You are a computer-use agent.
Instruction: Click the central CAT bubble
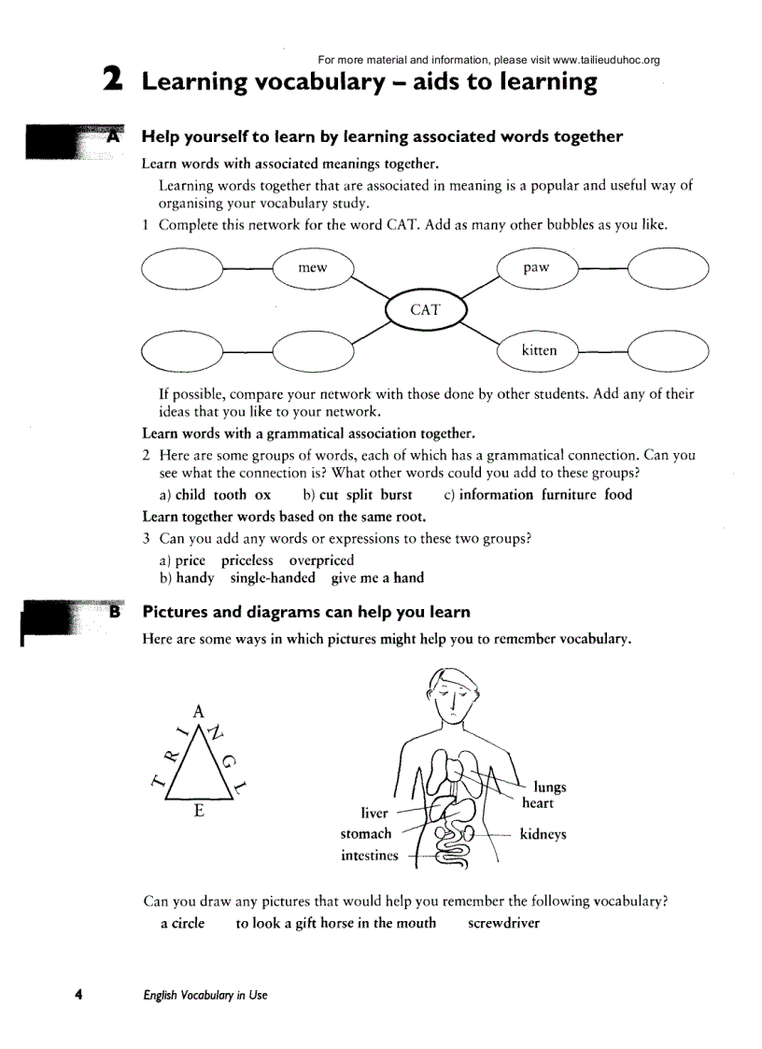pos(425,310)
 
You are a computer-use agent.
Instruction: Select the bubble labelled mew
pos(313,268)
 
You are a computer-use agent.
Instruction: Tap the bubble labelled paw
pos(537,268)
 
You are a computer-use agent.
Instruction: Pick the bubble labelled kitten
pos(539,350)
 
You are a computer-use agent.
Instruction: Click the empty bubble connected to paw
pos(668,269)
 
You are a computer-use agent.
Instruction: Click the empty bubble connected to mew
pos(181,269)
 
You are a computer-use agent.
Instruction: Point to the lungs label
pos(550,787)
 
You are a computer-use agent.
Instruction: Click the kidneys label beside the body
pos(543,834)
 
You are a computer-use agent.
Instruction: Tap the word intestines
pos(369,856)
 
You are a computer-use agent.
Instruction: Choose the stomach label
pos(366,834)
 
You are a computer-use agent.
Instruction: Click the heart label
pos(538,803)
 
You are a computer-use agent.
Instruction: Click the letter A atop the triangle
pos(197,708)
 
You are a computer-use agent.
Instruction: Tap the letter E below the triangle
pos(199,811)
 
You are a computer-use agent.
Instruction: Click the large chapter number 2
pos(113,80)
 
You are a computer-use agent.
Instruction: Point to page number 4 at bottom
pos(79,995)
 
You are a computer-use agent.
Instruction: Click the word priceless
pos(247,560)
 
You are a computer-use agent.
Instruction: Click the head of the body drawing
pos(453,693)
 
